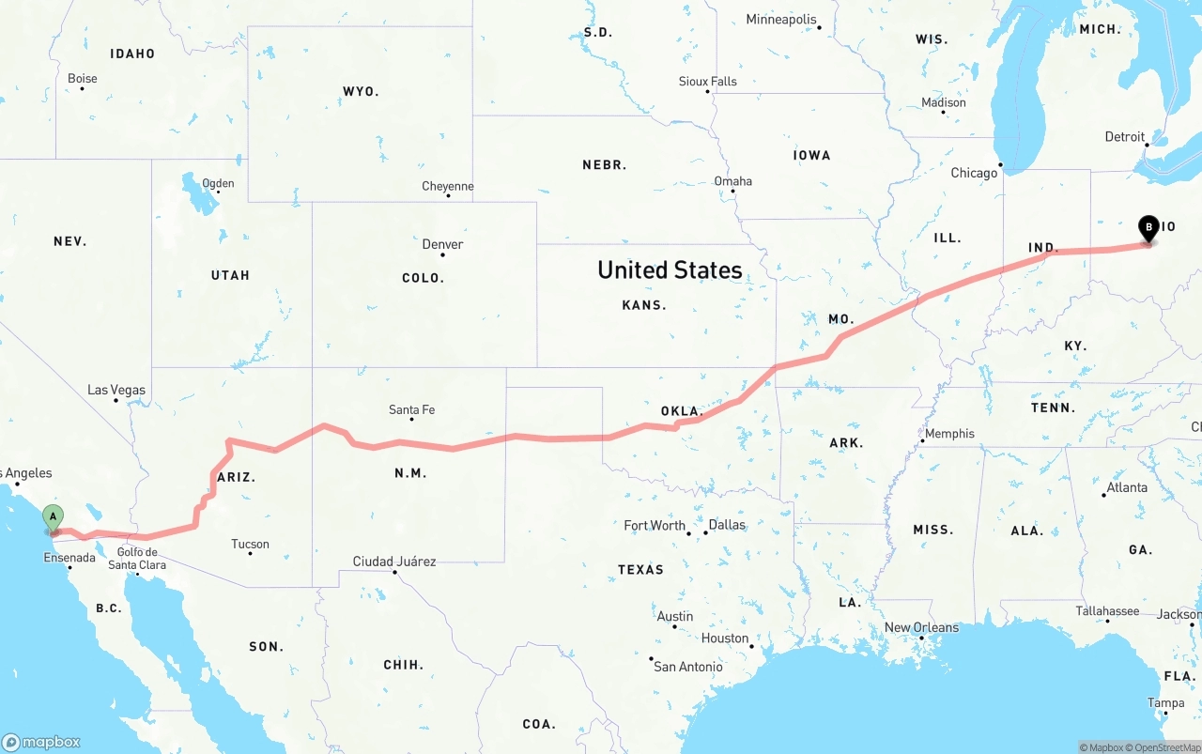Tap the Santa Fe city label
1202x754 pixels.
pyautogui.click(x=411, y=409)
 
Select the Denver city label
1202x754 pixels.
pyautogui.click(x=442, y=244)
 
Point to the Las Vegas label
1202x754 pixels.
pyautogui.click(x=116, y=390)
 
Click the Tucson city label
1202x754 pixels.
pyautogui.click(x=250, y=544)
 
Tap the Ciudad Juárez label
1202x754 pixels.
pyautogui.click(x=394, y=562)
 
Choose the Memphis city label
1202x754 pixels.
pyautogui.click(x=949, y=434)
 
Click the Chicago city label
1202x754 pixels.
pyautogui.click(x=974, y=173)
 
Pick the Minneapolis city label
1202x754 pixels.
pyautogui.click(x=781, y=19)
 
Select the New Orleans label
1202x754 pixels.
pyautogui.click(x=921, y=627)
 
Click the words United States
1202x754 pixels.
pyautogui.click(x=670, y=270)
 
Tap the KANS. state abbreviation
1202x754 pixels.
pyautogui.click(x=644, y=305)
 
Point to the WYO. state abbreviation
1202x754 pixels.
pyautogui.click(x=361, y=91)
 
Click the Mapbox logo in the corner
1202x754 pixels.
pyautogui.click(x=41, y=742)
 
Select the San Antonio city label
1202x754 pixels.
pyautogui.click(x=688, y=667)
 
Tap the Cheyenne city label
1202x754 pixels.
pyautogui.click(x=448, y=186)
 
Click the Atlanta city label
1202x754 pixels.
pyautogui.click(x=1127, y=487)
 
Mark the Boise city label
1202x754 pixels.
pyautogui.click(x=83, y=79)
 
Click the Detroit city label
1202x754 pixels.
pyautogui.click(x=1125, y=137)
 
